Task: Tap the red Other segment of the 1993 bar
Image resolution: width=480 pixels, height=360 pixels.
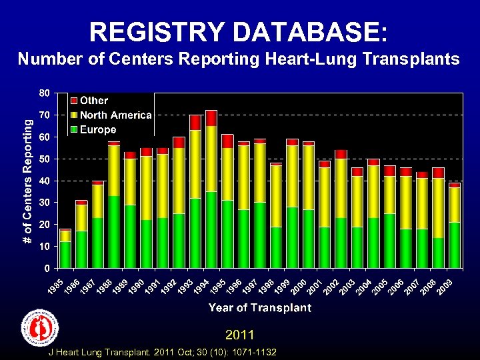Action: pyautogui.click(x=195, y=123)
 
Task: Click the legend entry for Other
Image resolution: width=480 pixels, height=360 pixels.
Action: pyautogui.click(x=93, y=101)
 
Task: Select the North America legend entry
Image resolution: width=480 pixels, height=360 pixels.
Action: pyautogui.click(x=115, y=115)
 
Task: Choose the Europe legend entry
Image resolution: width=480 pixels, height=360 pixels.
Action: pyautogui.click(x=97, y=129)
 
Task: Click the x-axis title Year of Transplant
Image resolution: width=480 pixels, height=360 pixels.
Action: pyautogui.click(x=259, y=308)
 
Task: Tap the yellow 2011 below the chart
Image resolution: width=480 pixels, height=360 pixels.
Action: pyautogui.click(x=240, y=333)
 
